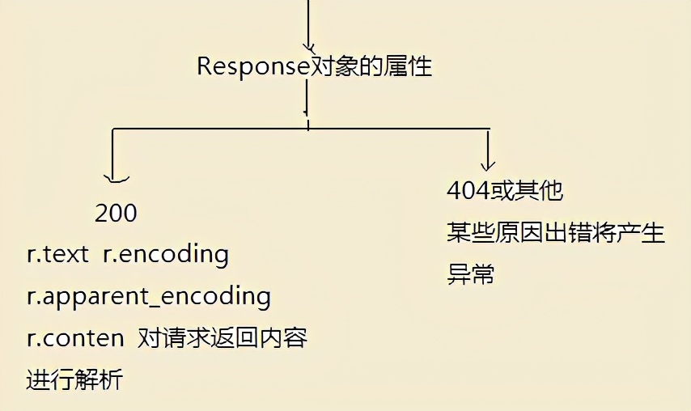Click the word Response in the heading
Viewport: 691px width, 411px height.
point(253,66)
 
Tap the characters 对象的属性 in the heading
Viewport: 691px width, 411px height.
point(371,66)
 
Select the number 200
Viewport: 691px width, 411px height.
point(116,214)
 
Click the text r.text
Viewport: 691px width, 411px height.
point(57,255)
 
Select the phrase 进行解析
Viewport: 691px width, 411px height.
point(74,379)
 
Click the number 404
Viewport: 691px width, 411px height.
point(468,192)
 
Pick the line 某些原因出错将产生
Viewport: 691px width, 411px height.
point(555,234)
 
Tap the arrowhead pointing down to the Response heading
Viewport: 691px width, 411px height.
point(308,44)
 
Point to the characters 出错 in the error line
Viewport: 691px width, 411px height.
point(576,234)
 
